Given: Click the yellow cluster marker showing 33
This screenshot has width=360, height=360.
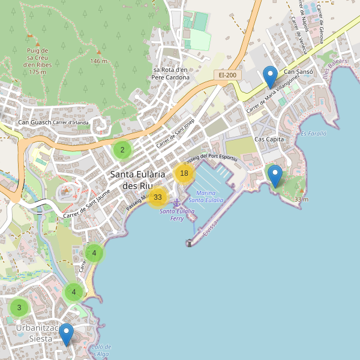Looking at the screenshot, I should click(x=158, y=197).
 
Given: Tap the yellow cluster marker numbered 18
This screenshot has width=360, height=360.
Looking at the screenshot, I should click(x=184, y=173).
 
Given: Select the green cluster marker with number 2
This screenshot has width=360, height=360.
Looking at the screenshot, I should click(x=122, y=150).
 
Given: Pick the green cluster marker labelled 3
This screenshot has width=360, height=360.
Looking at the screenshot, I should click(x=19, y=308).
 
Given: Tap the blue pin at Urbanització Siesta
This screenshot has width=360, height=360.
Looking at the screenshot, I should click(x=66, y=334).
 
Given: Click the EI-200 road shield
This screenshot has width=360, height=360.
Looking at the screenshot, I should click(x=227, y=75).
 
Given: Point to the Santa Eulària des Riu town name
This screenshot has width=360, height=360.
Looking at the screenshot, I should click(x=137, y=179).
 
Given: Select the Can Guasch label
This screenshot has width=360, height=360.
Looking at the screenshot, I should click(x=35, y=123).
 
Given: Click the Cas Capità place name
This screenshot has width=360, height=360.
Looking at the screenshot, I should click(x=269, y=139).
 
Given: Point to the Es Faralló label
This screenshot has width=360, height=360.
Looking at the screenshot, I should click(x=313, y=134).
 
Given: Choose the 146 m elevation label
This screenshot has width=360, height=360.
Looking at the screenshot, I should click(x=98, y=61).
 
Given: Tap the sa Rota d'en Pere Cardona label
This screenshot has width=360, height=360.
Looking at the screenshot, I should click(x=170, y=73).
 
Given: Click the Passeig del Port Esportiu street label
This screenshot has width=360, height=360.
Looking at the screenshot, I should click(x=211, y=157).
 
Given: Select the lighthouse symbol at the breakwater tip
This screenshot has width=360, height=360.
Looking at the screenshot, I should click(x=189, y=243).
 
